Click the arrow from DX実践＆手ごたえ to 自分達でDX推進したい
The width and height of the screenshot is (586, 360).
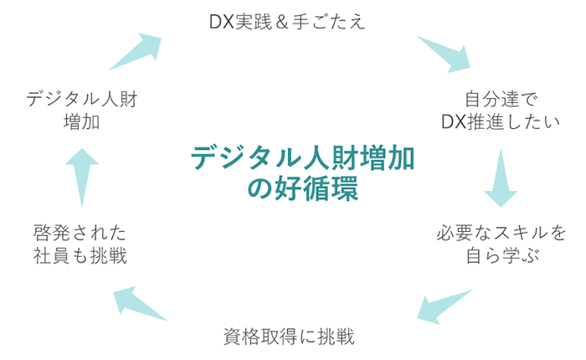coord(445,54)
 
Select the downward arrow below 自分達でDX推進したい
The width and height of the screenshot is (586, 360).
coord(501,177)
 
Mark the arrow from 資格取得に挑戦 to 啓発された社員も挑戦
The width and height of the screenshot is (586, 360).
coord(140,302)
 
